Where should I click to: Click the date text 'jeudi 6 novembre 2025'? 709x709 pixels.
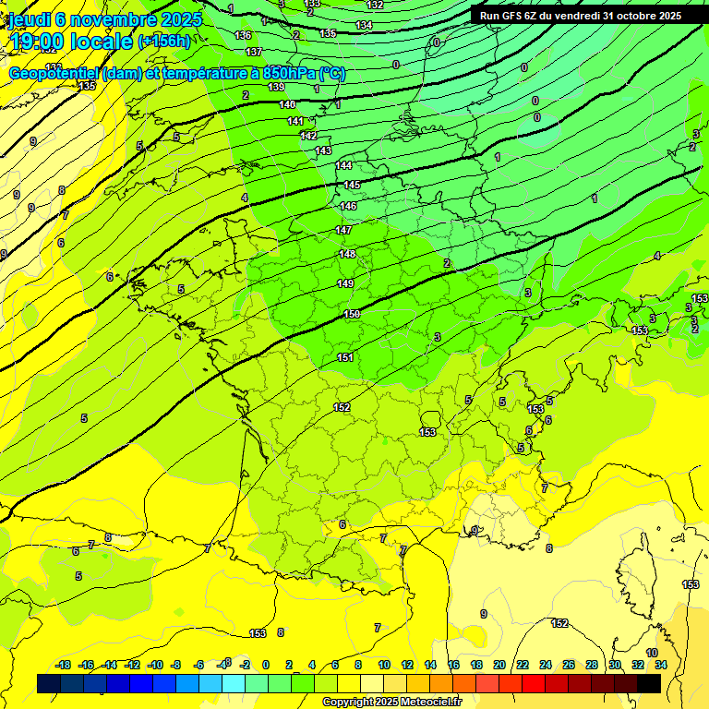pos(97,18)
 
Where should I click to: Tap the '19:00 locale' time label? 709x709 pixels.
pos(65,41)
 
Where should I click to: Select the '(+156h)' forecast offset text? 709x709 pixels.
pos(164,41)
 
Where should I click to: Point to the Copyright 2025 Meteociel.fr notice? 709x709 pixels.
pos(391,703)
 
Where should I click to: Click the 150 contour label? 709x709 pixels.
pos(352,315)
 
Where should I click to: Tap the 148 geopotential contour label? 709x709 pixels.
pos(347,254)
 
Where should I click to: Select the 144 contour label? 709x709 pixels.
pos(343,165)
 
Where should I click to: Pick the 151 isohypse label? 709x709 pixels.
pos(345,357)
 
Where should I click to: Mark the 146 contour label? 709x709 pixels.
pos(348,206)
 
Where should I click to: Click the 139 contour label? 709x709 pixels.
pos(276,87)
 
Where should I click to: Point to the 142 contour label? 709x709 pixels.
pos(308,136)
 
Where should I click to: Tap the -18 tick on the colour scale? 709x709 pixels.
pos(63,665)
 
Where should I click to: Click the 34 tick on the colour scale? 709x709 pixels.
pos(661,665)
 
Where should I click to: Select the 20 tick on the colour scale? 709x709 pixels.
pos(499,665)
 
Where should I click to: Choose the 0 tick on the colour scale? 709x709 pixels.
pos(265,665)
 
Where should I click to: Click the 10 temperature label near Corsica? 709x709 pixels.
pos(652,653)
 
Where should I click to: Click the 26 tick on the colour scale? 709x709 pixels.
pos(568,665)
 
